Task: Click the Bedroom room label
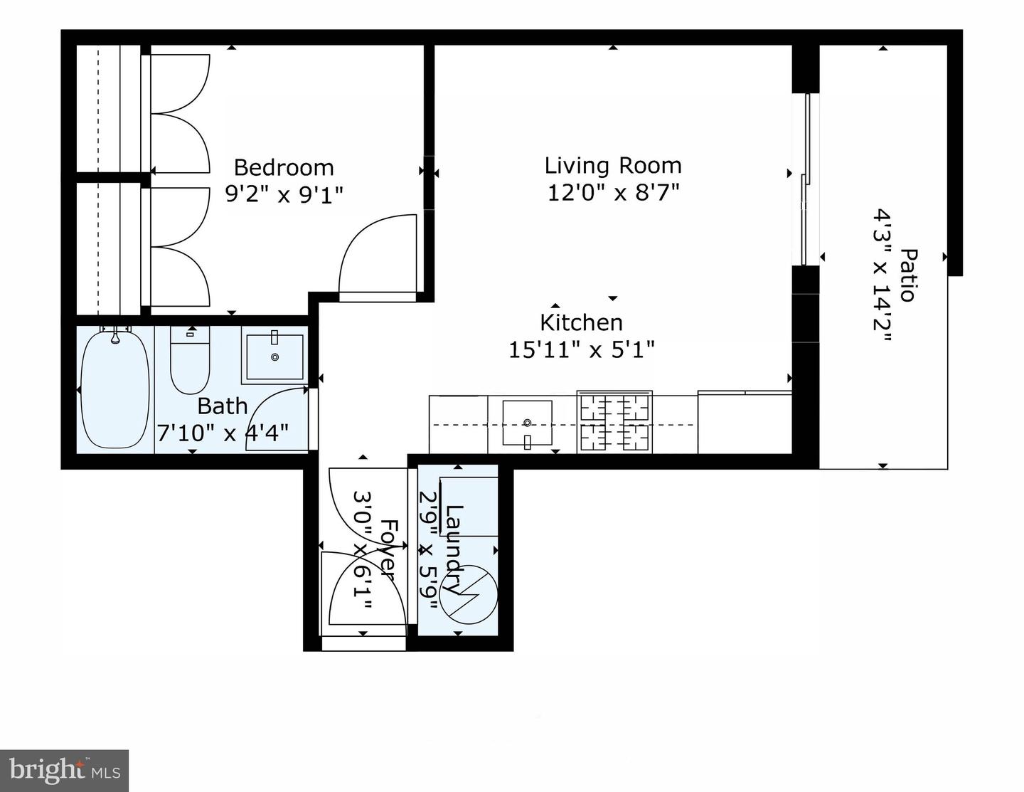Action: tap(284, 168)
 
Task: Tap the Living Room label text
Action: tap(613, 166)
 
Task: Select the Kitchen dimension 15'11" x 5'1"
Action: tap(581, 349)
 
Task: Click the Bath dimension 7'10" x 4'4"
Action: tap(222, 433)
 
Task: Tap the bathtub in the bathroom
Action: tap(114, 390)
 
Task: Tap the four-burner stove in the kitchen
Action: tap(614, 423)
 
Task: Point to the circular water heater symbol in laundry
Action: tap(469, 595)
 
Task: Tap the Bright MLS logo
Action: tap(64, 771)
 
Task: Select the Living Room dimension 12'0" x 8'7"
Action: tap(613, 192)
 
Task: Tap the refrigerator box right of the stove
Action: tap(745, 423)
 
